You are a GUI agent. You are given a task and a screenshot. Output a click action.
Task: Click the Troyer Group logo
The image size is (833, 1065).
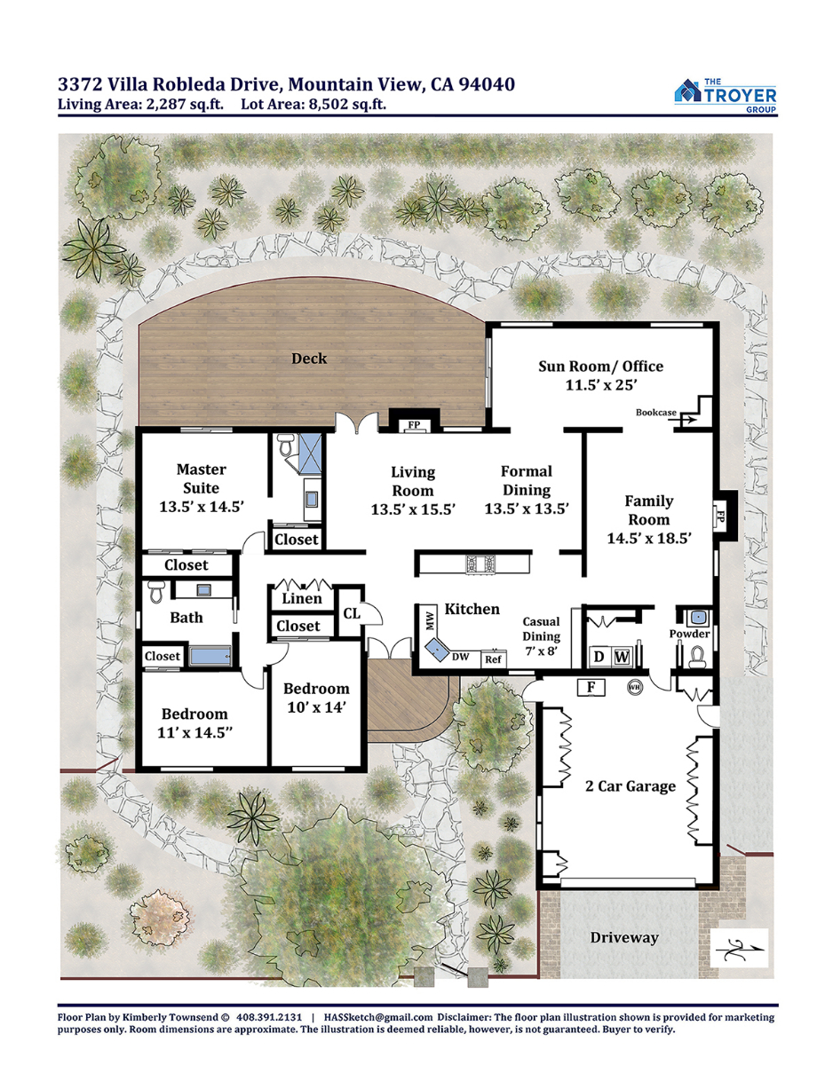(x=726, y=96)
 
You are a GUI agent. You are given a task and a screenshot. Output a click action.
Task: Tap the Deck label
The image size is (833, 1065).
(x=309, y=359)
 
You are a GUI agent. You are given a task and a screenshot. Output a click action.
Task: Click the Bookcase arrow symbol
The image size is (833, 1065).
(x=688, y=420)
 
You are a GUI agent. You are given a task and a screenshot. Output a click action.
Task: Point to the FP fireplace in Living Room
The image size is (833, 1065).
(x=415, y=424)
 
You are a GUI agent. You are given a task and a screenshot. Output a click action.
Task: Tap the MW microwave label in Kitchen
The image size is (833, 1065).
(x=430, y=622)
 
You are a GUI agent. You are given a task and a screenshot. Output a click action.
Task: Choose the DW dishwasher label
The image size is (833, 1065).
(x=460, y=656)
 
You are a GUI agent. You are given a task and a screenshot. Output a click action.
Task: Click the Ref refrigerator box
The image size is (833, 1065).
(x=493, y=659)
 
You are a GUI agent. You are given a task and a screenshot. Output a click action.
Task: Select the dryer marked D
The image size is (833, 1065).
(x=599, y=656)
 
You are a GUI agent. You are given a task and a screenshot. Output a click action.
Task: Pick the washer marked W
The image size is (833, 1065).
(x=622, y=656)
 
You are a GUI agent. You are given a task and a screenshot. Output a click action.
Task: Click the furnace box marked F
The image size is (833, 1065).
(x=591, y=688)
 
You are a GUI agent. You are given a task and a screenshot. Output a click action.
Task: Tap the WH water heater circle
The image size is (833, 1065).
(x=634, y=687)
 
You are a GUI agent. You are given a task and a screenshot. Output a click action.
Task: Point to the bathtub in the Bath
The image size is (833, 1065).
(x=210, y=656)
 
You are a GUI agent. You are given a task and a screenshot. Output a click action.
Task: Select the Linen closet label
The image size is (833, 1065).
(x=302, y=598)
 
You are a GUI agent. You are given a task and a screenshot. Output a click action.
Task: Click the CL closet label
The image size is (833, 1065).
(x=352, y=613)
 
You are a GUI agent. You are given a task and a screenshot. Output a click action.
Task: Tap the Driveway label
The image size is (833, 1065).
(x=623, y=937)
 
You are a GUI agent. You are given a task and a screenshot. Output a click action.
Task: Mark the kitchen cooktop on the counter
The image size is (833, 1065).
(x=480, y=564)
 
